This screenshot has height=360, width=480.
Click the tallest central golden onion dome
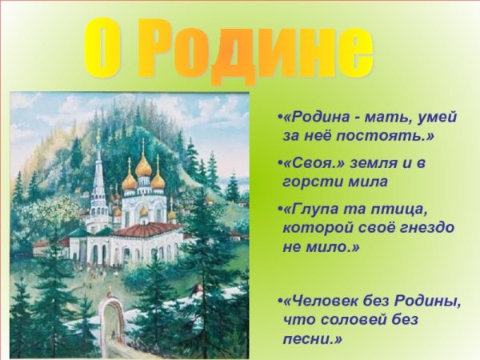[x=143, y=165]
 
